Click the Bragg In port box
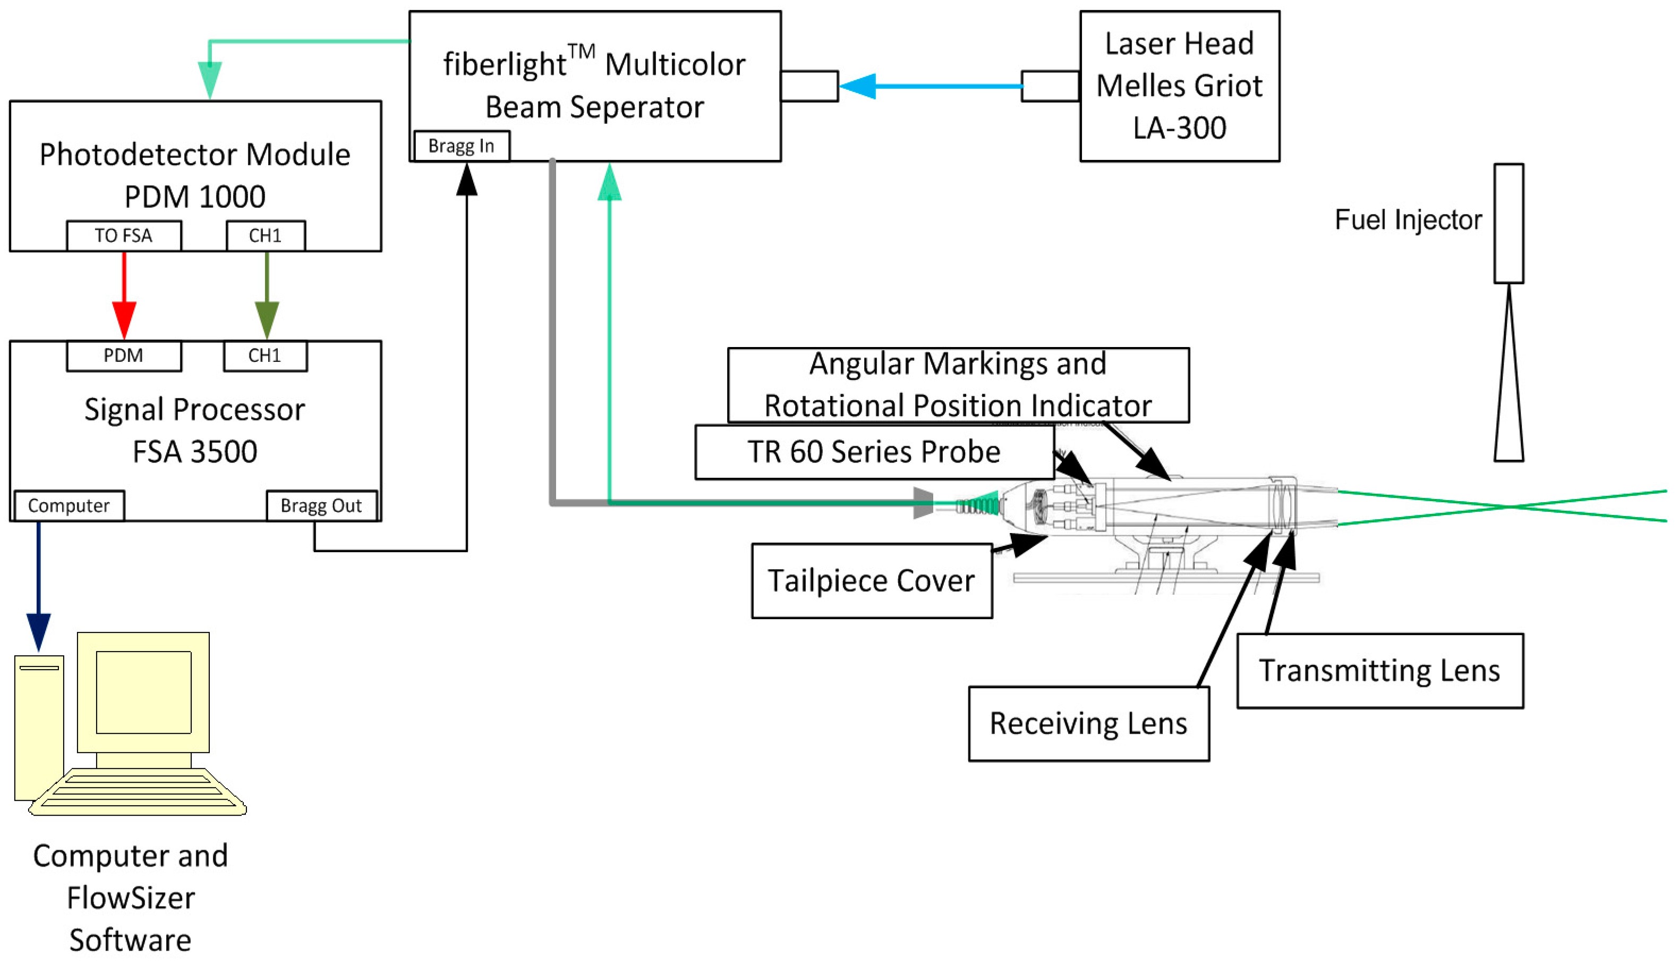click(x=462, y=146)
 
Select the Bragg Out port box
click(x=321, y=506)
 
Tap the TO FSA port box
click(x=124, y=236)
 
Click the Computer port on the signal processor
click(x=69, y=506)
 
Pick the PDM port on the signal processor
click(x=124, y=356)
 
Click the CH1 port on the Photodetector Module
click(x=266, y=236)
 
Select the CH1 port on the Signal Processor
click(x=266, y=356)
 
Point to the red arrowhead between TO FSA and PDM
click(x=124, y=321)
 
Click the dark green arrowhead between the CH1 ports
click(x=267, y=321)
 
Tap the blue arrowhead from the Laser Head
click(x=858, y=86)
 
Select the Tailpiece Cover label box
click(x=872, y=581)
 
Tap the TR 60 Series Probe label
click(x=875, y=452)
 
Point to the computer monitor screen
click(x=143, y=692)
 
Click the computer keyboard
click(x=138, y=791)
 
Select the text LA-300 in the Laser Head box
click(x=1180, y=128)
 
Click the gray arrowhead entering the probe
click(x=924, y=503)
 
